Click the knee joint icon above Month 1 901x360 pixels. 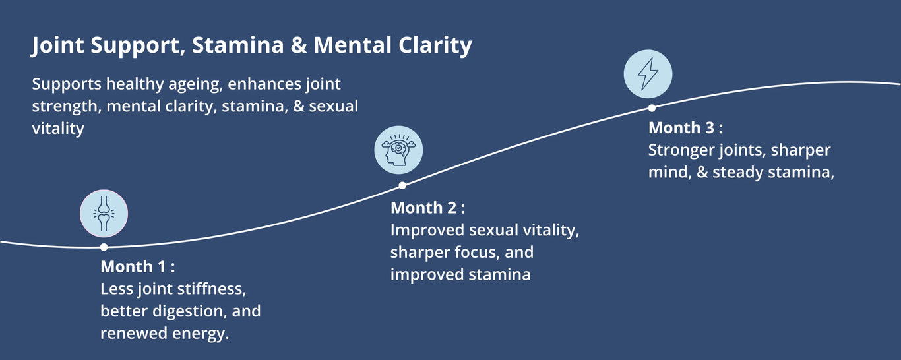[x=104, y=214]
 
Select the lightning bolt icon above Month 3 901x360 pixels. [x=648, y=74]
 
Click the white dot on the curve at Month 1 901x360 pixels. [x=104, y=247]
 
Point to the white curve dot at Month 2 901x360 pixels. [x=402, y=185]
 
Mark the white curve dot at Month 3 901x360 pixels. [x=651, y=107]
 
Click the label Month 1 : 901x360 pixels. [x=137, y=267]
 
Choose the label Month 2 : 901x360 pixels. [x=427, y=208]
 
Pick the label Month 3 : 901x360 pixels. [x=685, y=128]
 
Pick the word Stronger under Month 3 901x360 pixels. [x=681, y=150]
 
